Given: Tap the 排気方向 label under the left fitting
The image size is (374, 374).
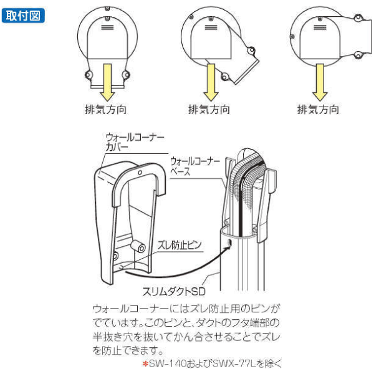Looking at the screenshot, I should click(x=106, y=109).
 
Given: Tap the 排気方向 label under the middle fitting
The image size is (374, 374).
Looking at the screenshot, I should click(x=209, y=109).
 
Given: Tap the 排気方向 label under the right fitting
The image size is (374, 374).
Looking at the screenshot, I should click(x=319, y=109).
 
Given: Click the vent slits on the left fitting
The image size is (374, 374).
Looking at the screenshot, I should click(x=107, y=28).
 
